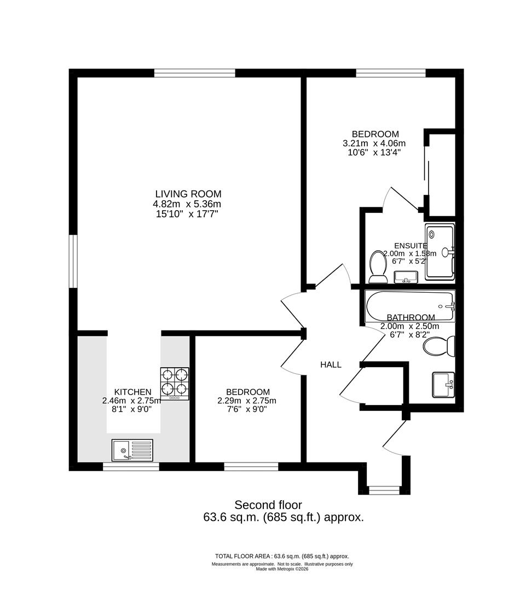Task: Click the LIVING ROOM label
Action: [x=188, y=194]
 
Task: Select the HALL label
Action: [x=331, y=364]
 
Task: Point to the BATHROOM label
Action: [x=410, y=317]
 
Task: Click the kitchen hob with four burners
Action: [x=175, y=383]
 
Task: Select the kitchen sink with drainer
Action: [x=132, y=450]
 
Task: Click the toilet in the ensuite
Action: [x=378, y=266]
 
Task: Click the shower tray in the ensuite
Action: [x=440, y=251]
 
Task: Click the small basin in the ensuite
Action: [x=406, y=277]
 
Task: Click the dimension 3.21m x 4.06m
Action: [x=374, y=143]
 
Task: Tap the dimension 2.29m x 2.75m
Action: [x=247, y=401]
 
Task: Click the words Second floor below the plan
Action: [x=268, y=505]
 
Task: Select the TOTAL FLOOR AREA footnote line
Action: [x=282, y=556]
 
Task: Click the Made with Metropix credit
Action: [x=282, y=569]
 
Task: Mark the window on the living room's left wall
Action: [x=73, y=261]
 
